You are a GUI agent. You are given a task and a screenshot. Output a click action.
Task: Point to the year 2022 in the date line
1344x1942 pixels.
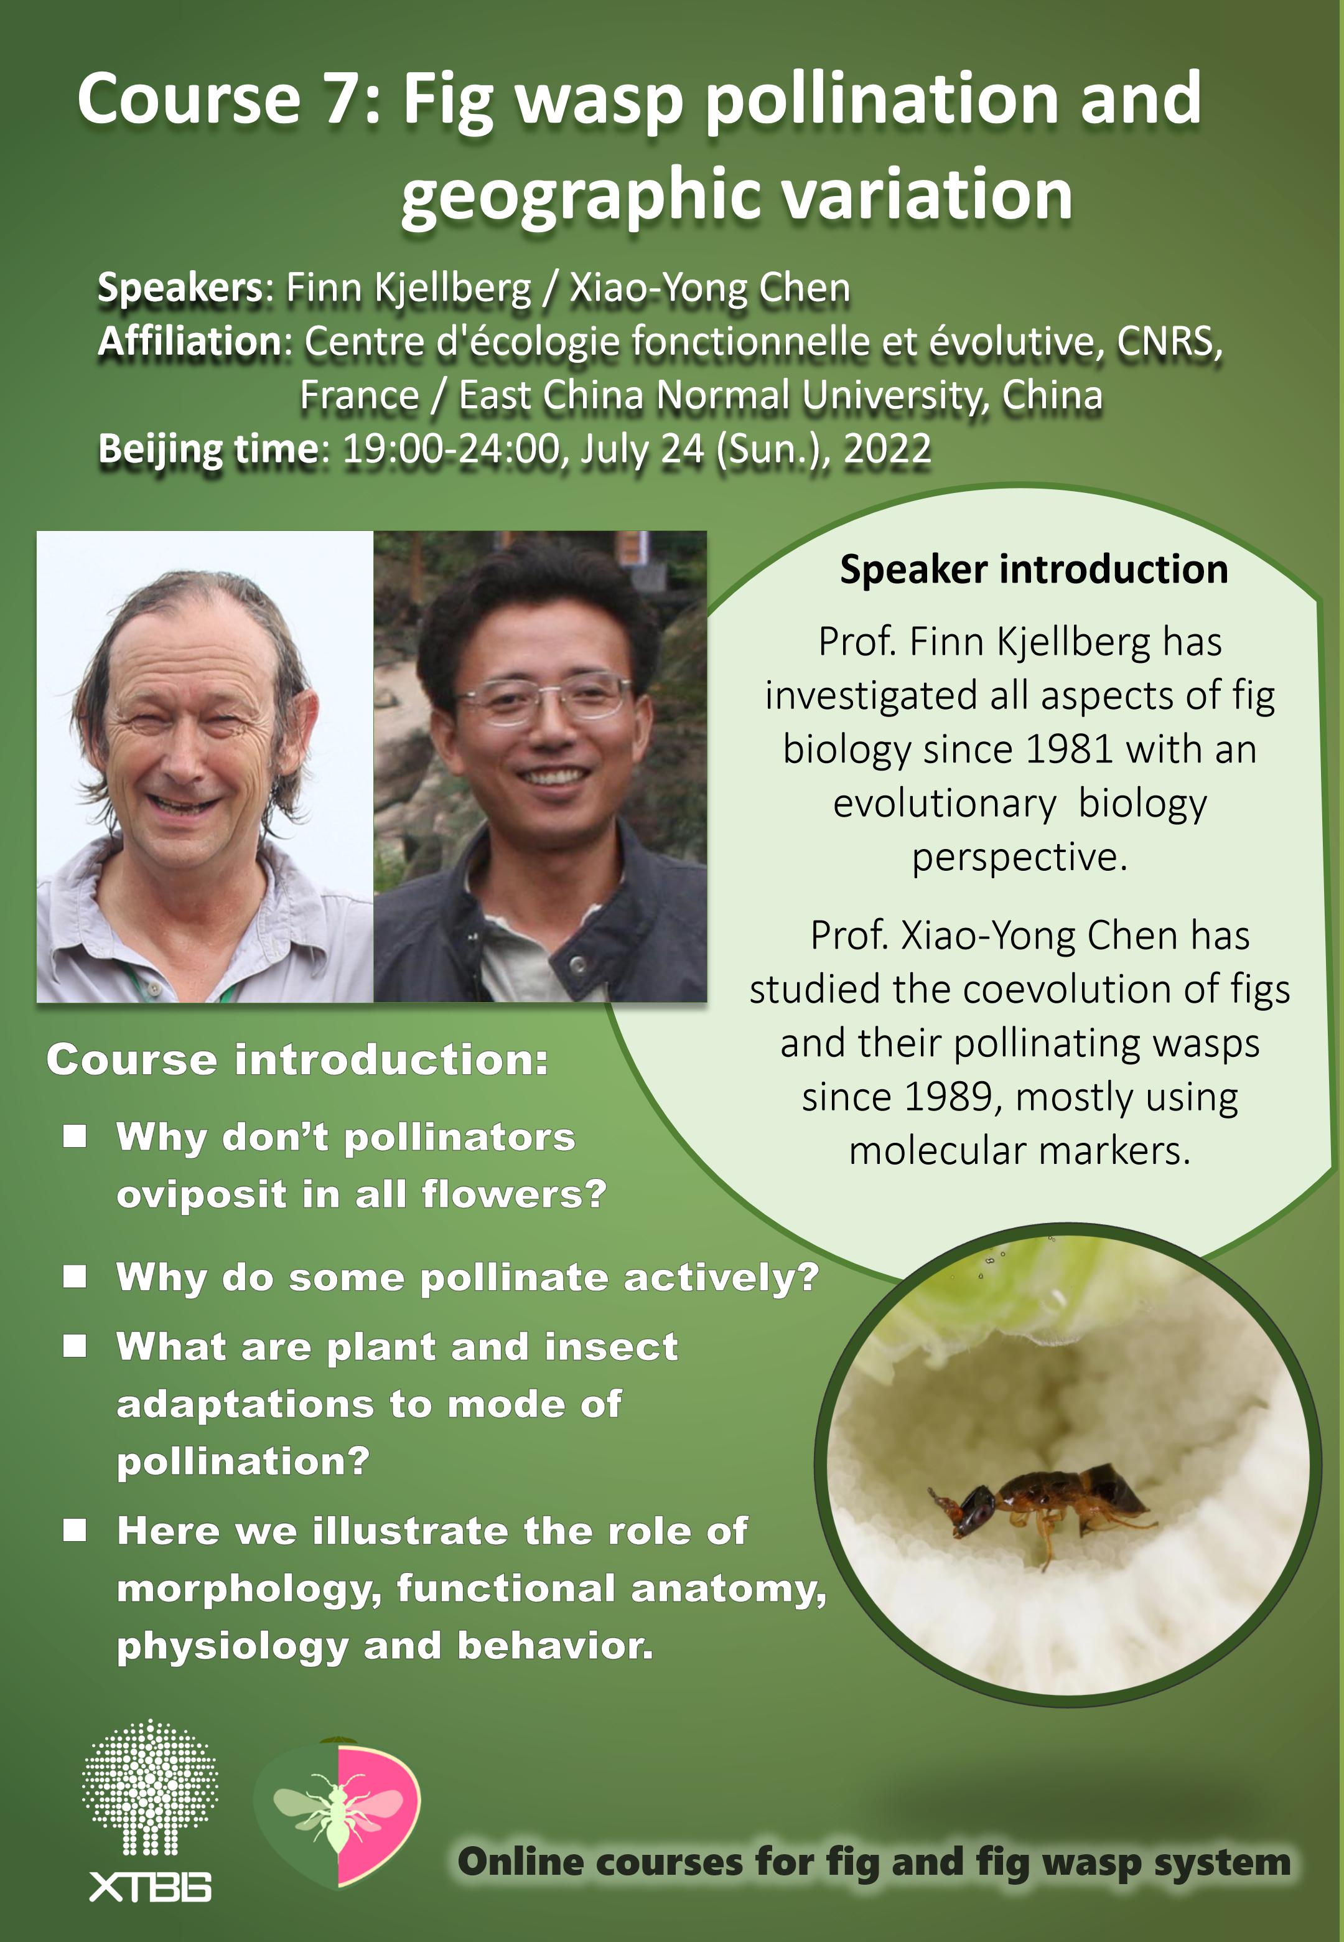(x=887, y=448)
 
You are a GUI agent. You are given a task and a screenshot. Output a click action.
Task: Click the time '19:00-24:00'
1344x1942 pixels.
(x=451, y=448)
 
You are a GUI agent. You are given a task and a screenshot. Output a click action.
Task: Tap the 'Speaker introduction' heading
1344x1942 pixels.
(x=1034, y=570)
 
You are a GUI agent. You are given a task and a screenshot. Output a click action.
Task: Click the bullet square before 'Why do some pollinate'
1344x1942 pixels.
(x=75, y=1277)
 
